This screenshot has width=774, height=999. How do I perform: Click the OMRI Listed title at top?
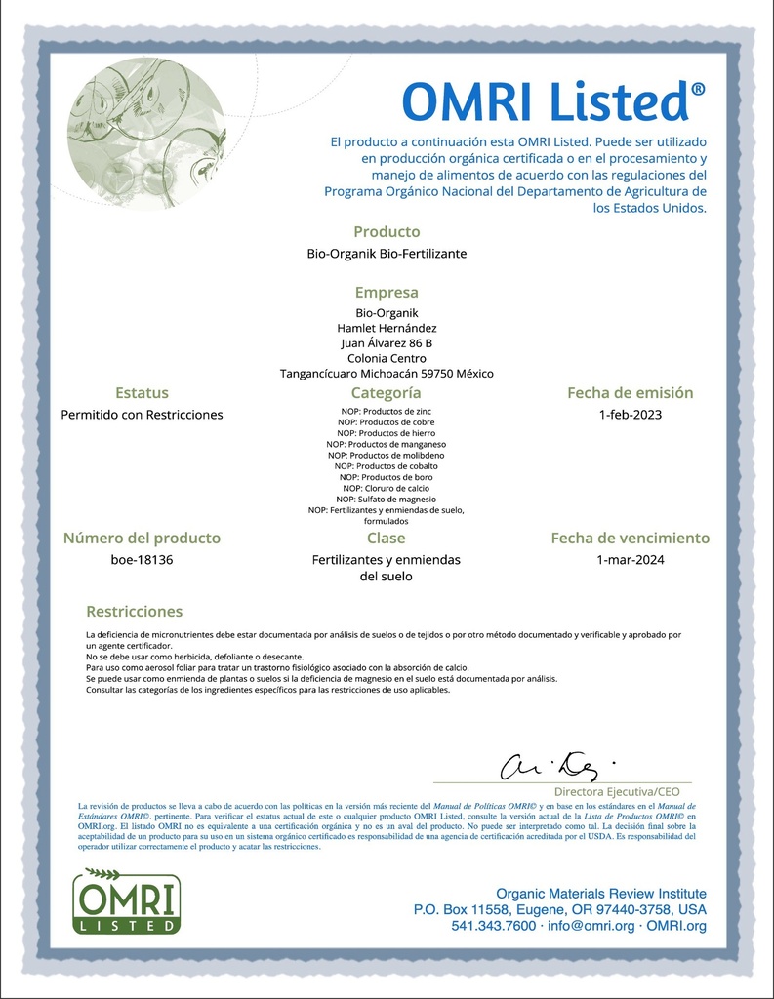click(553, 102)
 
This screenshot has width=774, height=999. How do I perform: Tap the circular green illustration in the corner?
click(146, 133)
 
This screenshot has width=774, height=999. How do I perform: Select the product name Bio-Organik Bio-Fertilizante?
click(387, 254)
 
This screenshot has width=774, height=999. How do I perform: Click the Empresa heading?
click(387, 292)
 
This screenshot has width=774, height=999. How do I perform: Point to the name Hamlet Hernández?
click(387, 328)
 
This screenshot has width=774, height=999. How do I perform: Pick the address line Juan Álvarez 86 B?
click(387, 343)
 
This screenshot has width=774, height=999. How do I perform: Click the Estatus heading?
click(142, 393)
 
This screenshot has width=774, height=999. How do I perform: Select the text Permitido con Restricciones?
click(142, 415)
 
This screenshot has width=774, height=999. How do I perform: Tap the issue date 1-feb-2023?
click(630, 415)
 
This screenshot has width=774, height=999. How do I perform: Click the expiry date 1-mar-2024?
click(630, 560)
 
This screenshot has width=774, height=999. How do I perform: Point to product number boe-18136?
click(142, 560)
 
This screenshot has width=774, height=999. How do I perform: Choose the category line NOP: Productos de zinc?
click(387, 411)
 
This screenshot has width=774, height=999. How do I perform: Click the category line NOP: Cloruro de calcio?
click(387, 487)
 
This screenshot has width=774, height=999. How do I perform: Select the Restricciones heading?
click(134, 612)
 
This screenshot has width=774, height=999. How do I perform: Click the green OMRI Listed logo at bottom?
click(126, 900)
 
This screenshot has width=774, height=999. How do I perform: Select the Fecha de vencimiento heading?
click(630, 539)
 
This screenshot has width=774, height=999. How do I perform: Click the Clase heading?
click(387, 539)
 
